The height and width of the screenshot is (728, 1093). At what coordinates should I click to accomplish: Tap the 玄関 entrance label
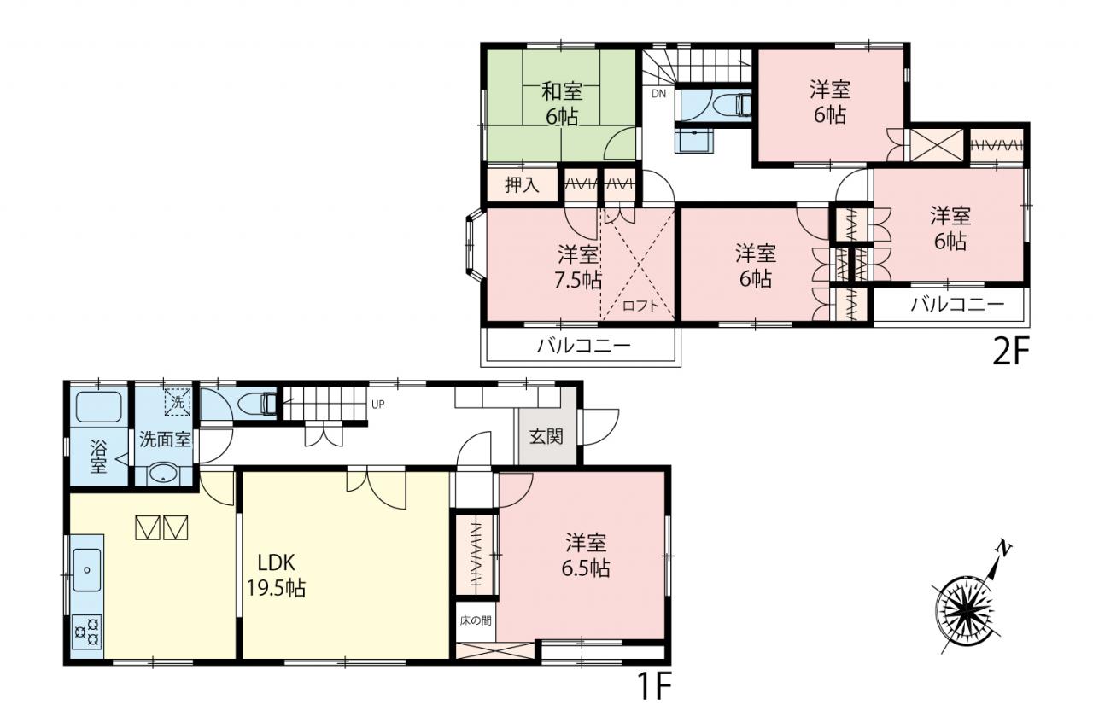tap(546, 436)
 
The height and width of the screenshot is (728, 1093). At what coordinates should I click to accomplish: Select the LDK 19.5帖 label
tap(276, 575)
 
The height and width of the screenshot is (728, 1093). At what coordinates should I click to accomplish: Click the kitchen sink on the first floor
tap(87, 570)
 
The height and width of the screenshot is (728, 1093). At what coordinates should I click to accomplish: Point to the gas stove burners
tap(87, 632)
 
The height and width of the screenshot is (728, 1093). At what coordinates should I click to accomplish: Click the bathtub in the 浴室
tap(99, 408)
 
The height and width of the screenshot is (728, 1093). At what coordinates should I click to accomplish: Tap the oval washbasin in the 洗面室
tap(164, 473)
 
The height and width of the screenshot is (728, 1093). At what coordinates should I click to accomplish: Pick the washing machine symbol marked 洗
tap(178, 402)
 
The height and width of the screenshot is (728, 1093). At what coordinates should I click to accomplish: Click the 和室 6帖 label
tap(562, 104)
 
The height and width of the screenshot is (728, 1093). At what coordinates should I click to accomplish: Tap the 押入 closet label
tap(522, 185)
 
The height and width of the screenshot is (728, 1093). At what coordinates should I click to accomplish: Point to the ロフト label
tap(640, 306)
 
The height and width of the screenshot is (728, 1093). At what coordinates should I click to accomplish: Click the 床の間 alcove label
tap(476, 620)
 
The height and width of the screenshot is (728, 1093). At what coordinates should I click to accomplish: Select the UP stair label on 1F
tap(377, 405)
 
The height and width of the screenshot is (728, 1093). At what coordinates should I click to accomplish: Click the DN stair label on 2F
tap(658, 94)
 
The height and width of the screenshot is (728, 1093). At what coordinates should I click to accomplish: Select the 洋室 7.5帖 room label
tap(578, 267)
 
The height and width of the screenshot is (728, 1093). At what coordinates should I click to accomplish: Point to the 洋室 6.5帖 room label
tap(586, 556)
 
